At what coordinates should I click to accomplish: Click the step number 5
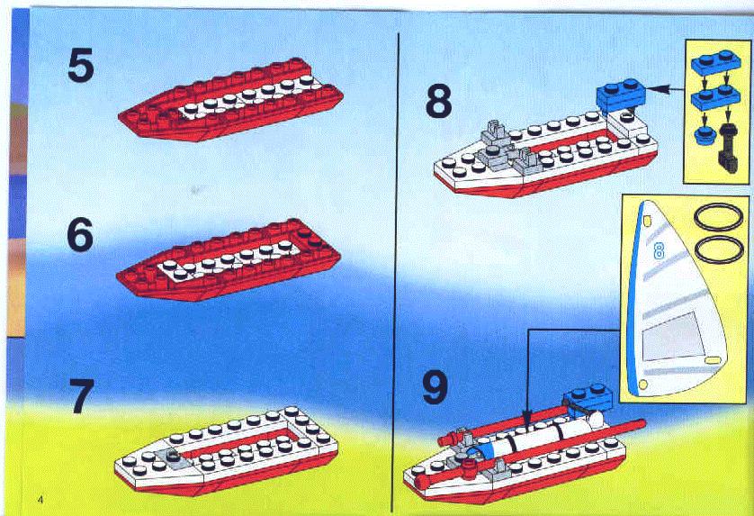(80, 66)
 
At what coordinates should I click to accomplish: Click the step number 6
(80, 234)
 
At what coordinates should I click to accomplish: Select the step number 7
(81, 395)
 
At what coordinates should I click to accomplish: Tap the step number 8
(438, 101)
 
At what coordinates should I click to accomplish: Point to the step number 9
(435, 387)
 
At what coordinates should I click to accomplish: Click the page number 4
(40, 499)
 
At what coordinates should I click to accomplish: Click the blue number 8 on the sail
(659, 250)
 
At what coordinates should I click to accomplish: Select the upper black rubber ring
(718, 217)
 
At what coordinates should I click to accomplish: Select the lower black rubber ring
(718, 249)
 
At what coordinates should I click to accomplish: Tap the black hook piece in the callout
(728, 149)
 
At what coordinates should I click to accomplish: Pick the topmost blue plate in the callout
(715, 62)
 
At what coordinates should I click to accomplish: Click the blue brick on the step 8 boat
(621, 96)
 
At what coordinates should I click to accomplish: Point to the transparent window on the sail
(672, 336)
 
